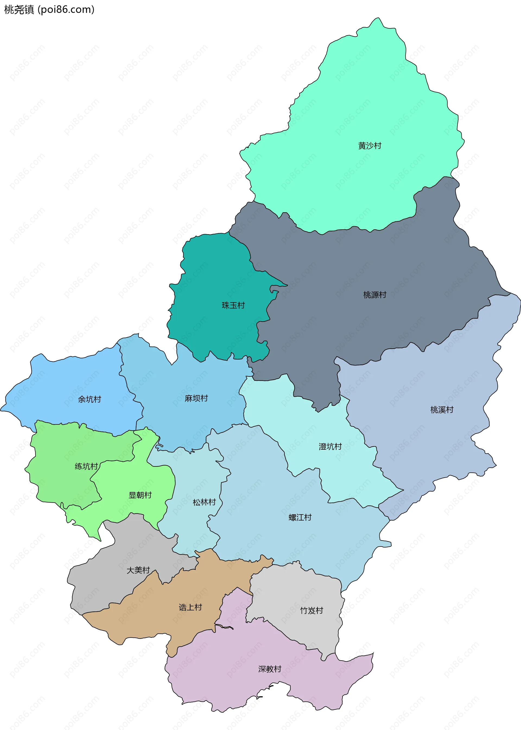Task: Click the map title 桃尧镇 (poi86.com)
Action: (49, 9)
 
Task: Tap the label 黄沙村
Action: (370, 146)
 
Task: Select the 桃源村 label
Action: (374, 294)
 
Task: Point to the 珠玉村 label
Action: (233, 305)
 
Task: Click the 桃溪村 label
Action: (442, 410)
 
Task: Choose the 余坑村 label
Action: (90, 399)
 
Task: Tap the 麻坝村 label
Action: (196, 398)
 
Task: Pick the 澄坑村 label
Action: (330, 446)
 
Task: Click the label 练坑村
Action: (86, 466)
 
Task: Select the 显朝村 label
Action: (140, 495)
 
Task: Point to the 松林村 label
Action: (204, 502)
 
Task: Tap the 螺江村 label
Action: (300, 517)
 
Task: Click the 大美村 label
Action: (138, 570)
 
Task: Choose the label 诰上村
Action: (190, 607)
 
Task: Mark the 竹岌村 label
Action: (311, 610)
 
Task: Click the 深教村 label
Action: (269, 669)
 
